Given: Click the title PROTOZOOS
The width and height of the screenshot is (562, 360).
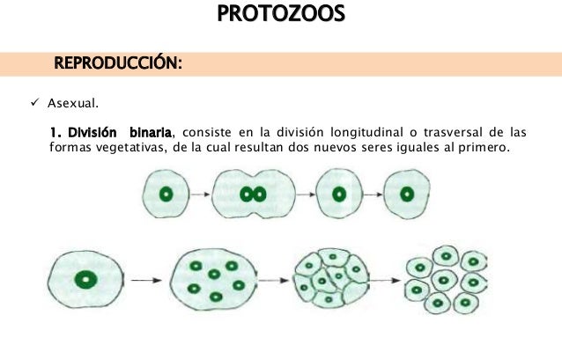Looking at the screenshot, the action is pyautogui.click(x=281, y=16).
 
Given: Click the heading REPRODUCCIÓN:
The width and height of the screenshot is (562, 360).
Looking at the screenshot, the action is pyautogui.click(x=118, y=63).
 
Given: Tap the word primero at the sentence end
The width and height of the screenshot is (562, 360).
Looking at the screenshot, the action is pyautogui.click(x=482, y=147).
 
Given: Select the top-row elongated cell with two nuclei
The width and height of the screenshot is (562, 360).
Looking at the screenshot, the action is pyautogui.click(x=255, y=195).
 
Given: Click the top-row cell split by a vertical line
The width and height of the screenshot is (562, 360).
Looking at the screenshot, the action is pyautogui.click(x=339, y=195).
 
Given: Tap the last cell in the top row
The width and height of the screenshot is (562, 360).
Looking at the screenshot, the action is pyautogui.click(x=407, y=194).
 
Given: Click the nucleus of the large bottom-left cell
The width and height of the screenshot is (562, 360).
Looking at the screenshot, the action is pyautogui.click(x=85, y=280).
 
